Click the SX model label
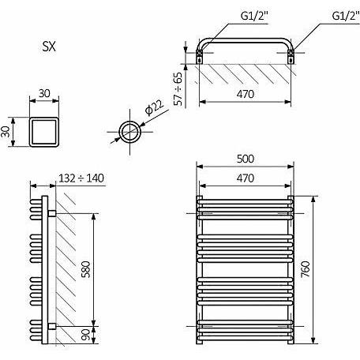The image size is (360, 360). click(49, 47)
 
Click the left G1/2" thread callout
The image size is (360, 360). click(254, 16)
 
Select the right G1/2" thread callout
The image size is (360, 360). click(346, 16)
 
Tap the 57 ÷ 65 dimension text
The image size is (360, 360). click(178, 89)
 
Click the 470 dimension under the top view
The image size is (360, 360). click(246, 94)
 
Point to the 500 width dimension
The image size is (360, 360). click(246, 159)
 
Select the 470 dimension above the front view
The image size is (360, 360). click(246, 178)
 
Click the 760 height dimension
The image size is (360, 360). click(306, 269)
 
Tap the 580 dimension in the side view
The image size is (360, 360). click(86, 269)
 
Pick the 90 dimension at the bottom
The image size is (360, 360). click(86, 335)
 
